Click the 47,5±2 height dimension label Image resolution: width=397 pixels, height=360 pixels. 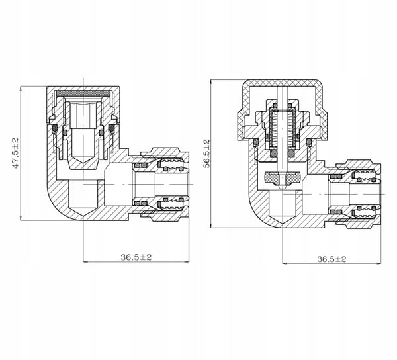point(16,153)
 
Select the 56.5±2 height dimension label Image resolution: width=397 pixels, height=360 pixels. point(207,153)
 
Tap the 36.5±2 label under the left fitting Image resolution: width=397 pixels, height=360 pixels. point(136,257)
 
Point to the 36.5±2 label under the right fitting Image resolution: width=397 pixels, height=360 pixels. point(331,259)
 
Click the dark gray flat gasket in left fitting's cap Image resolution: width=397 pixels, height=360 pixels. point(83,93)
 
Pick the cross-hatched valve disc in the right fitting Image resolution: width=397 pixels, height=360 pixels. point(282,178)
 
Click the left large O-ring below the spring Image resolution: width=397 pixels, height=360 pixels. point(273,154)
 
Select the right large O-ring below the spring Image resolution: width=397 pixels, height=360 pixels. point(291,154)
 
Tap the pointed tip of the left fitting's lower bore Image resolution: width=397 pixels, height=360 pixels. point(83,216)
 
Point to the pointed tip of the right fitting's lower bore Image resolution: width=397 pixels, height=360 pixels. point(282,224)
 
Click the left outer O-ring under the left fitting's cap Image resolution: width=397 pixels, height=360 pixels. point(55,128)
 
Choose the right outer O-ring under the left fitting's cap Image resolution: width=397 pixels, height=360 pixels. point(112,128)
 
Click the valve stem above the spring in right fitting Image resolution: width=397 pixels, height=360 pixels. point(282,99)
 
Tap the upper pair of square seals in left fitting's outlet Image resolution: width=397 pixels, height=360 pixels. point(140,165)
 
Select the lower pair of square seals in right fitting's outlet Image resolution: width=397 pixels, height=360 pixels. point(335,212)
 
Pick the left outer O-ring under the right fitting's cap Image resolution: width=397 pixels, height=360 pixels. point(256,142)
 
